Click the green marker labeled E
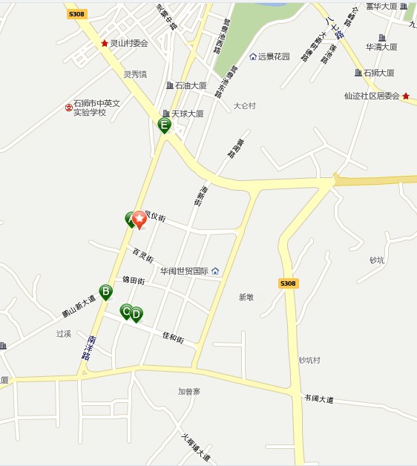[165, 125]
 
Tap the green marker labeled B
[106, 292]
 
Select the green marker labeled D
[137, 315]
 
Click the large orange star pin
[139, 220]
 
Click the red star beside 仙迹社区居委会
[406, 96]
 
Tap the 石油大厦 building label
[190, 86]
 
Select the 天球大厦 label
[187, 114]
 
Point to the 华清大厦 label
[381, 47]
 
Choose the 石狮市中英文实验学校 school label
[96, 108]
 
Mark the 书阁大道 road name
[318, 399]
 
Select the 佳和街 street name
[173, 337]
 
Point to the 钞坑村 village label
[309, 361]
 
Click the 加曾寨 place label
[189, 391]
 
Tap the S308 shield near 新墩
[288, 283]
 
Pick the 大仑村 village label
[244, 106]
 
